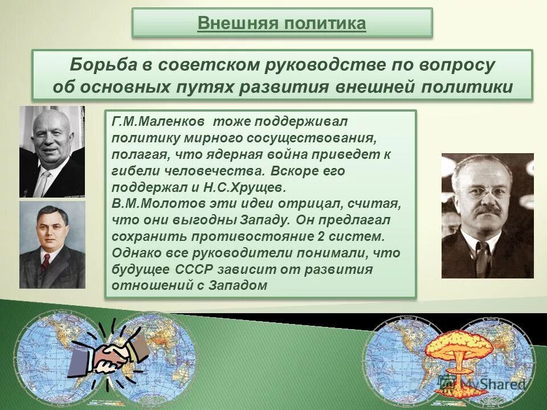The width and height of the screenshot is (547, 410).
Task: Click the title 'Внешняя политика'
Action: click(x=281, y=23)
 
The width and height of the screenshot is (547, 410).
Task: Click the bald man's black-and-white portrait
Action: click(x=52, y=151)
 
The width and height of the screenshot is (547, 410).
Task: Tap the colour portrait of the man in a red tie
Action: click(x=52, y=244)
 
